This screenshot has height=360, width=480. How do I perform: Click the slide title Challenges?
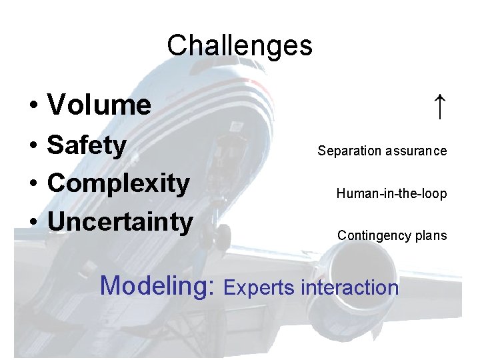[239, 46]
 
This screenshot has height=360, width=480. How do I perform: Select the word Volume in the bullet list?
[99, 105]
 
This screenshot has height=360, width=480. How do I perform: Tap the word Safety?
[87, 145]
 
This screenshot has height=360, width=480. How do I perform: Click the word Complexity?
[119, 183]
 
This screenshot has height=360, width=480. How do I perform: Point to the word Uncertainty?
[120, 221]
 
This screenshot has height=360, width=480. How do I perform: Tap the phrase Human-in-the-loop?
[391, 194]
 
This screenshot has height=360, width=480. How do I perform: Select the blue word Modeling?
[153, 287]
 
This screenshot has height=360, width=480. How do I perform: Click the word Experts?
[260, 288]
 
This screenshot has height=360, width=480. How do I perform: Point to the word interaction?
[350, 288]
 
